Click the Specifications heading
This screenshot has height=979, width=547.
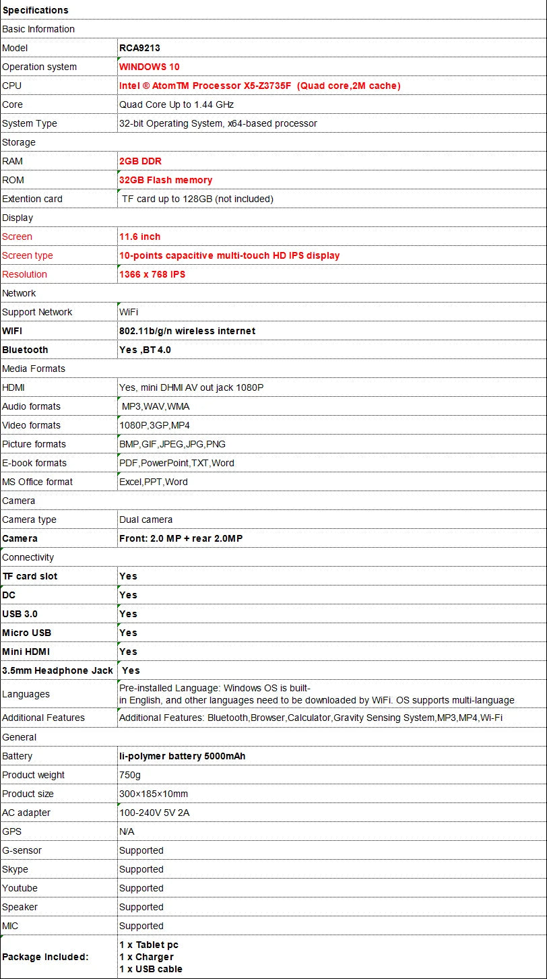pyautogui.click(x=36, y=10)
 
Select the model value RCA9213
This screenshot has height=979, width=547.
pyautogui.click(x=139, y=48)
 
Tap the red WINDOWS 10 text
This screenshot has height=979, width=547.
pyautogui.click(x=149, y=67)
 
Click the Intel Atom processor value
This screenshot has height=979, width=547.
pyautogui.click(x=259, y=86)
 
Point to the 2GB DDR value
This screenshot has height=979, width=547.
pyautogui.click(x=140, y=161)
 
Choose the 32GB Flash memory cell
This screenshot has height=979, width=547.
pyautogui.click(x=166, y=180)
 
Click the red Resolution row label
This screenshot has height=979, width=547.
pyautogui.click(x=25, y=274)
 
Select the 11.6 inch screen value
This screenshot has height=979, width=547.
pyautogui.click(x=139, y=236)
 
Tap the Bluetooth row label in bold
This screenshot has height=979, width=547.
pyautogui.click(x=26, y=350)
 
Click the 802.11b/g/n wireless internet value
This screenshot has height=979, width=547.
pyautogui.click(x=187, y=331)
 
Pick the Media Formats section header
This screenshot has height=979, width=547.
pyautogui.click(x=34, y=369)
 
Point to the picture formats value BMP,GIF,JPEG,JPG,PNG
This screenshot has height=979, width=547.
pyautogui.click(x=172, y=444)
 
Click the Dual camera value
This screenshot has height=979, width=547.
pyautogui.click(x=146, y=519)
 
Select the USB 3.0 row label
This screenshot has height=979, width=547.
pyautogui.click(x=20, y=614)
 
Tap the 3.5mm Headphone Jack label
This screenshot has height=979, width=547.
pyautogui.click(x=57, y=670)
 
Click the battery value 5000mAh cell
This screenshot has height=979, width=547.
pyautogui.click(x=182, y=756)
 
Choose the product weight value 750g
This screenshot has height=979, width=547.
pyautogui.click(x=130, y=775)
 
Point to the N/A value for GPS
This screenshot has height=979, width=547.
pyautogui.click(x=127, y=831)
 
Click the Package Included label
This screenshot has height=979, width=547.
pyautogui.click(x=45, y=957)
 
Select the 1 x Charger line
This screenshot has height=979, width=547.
pyautogui.click(x=146, y=957)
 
